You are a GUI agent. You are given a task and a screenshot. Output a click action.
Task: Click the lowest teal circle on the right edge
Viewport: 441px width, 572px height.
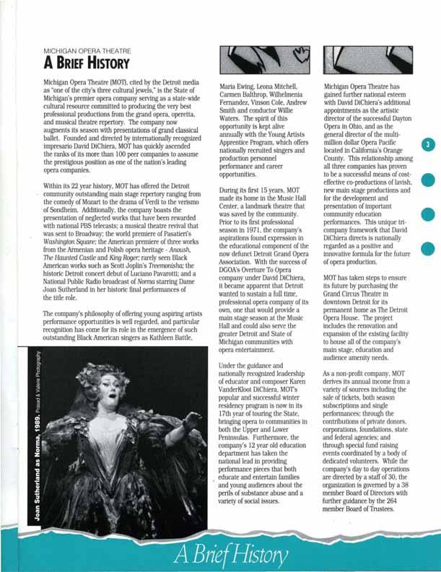pos(428,248)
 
